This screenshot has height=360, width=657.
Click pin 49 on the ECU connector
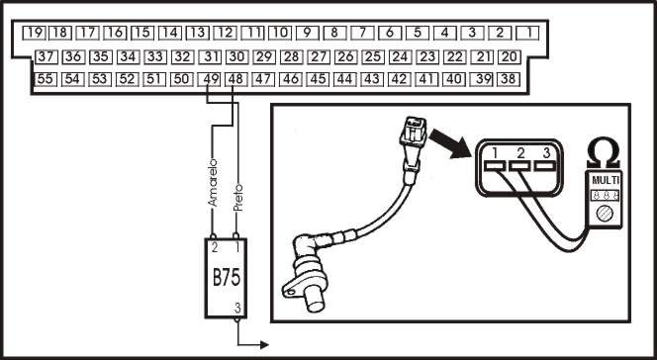209,79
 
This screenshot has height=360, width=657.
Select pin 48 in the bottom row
236,79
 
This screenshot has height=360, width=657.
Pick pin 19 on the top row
34,33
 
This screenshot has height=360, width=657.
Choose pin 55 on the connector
46,79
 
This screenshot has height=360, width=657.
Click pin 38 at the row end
509,79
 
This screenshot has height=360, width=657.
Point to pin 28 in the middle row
291,56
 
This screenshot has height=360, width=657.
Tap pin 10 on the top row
280,33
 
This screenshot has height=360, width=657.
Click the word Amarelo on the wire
214,183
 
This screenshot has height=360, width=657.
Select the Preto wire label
238,197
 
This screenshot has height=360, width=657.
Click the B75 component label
227,278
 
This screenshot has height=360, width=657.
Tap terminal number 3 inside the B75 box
237,309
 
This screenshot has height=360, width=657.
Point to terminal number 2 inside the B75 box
215,248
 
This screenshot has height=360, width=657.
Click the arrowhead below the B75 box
264,345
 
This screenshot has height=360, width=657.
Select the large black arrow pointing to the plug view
450,143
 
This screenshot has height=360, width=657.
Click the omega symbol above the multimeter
604,153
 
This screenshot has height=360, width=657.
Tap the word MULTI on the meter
605,181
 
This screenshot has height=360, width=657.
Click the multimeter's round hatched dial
605,214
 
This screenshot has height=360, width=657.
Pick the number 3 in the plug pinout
546,153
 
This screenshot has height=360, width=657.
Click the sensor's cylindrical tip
315,300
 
